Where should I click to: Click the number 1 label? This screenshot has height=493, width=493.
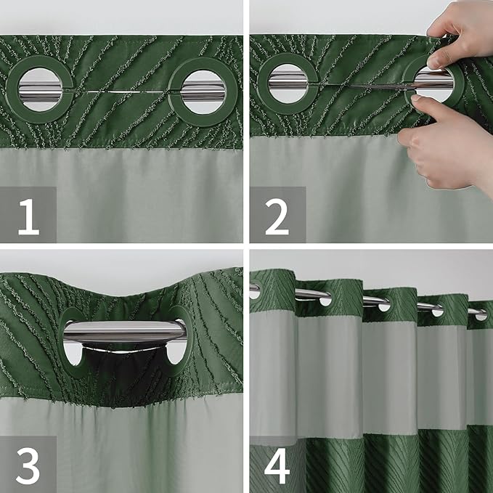pos(28,215)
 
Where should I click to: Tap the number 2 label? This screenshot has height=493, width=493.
pos(277,215)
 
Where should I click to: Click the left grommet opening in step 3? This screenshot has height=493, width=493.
pos(73,351)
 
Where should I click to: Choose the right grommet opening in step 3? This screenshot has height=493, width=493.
pos(175,351)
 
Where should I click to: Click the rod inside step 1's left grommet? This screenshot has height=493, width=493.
pos(41,90)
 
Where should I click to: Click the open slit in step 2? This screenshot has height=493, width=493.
pos(356,87)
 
